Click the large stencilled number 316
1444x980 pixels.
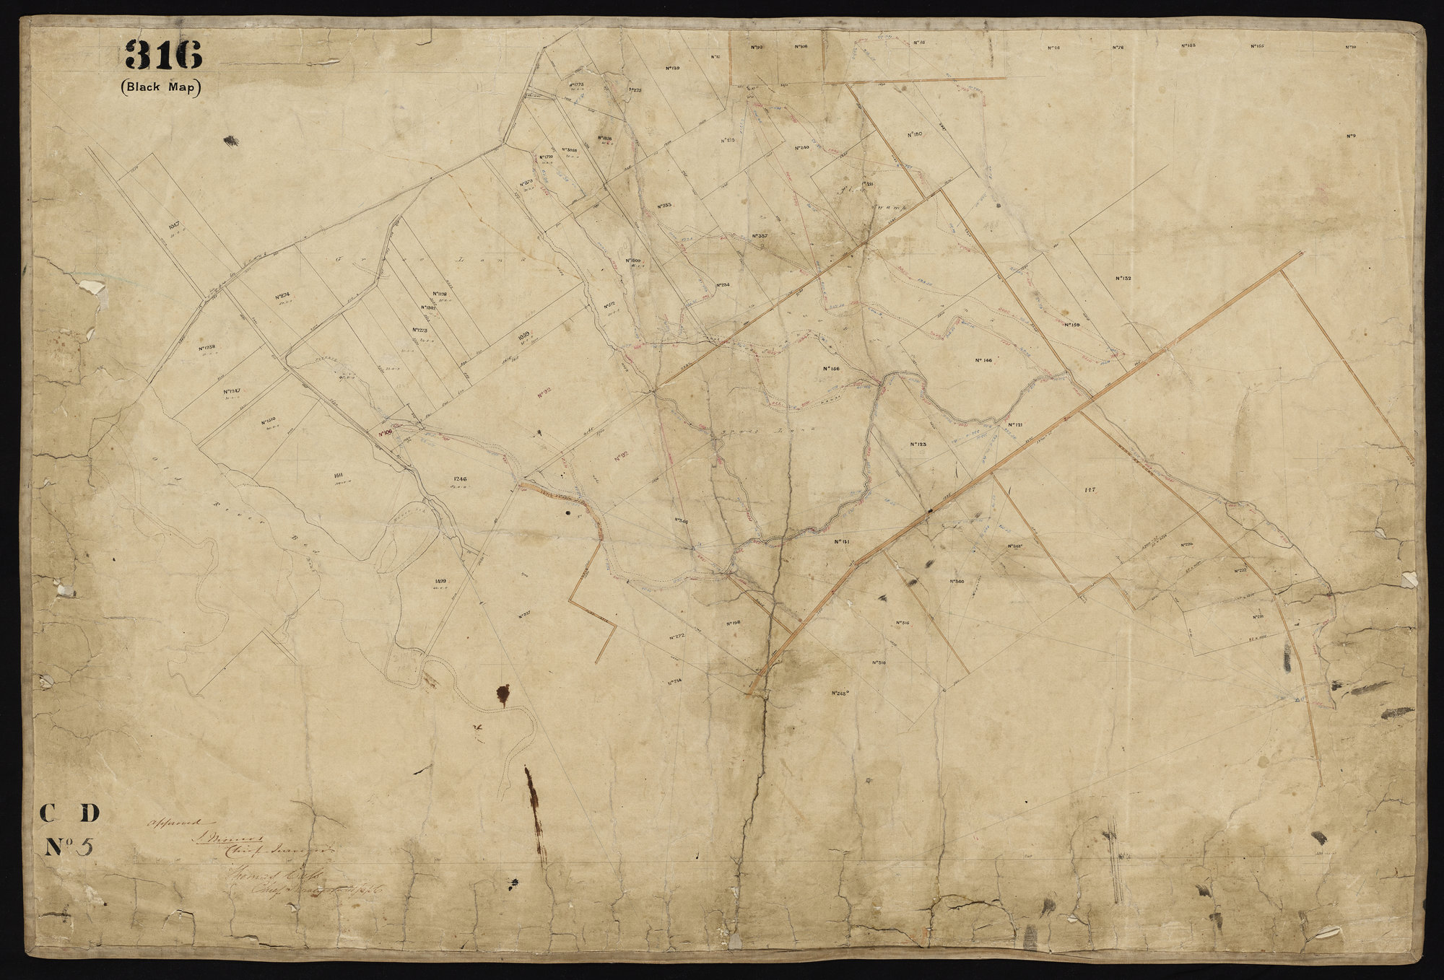click(162, 54)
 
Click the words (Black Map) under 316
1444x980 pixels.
click(161, 87)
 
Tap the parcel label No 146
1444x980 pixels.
click(983, 360)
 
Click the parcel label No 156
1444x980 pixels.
click(831, 369)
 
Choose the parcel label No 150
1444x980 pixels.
click(914, 134)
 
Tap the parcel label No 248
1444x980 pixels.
click(838, 692)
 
